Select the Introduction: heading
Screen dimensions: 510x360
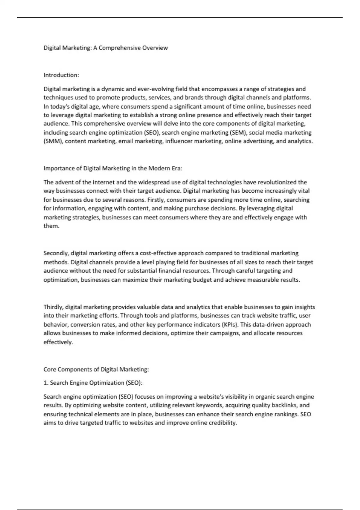(x=61, y=75)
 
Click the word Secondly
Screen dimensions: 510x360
(x=56, y=253)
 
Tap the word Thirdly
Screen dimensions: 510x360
(x=54, y=307)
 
